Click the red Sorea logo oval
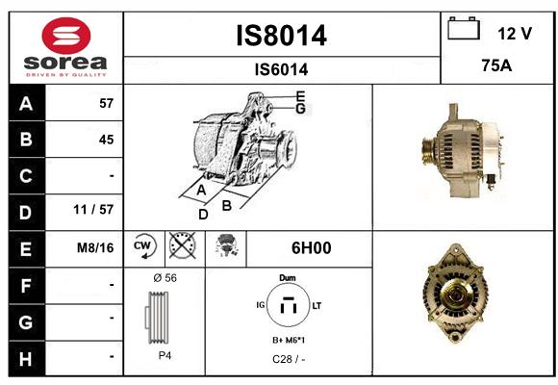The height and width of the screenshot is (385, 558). (66, 36)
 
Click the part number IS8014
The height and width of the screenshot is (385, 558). (282, 36)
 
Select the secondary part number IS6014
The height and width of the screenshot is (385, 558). (282, 69)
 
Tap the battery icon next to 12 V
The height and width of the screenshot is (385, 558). (464, 28)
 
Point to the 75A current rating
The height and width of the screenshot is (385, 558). (496, 65)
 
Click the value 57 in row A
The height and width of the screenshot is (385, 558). (107, 103)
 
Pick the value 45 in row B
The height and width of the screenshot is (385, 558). (107, 140)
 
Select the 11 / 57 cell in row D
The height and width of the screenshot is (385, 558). (93, 210)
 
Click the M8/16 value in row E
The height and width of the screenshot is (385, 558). (95, 247)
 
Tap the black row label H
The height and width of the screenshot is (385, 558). (26, 358)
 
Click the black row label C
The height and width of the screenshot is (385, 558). (26, 176)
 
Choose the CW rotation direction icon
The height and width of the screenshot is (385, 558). (145, 245)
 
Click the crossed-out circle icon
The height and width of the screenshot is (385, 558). (183, 245)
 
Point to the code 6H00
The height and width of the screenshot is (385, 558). (312, 248)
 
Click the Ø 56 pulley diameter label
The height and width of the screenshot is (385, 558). (165, 278)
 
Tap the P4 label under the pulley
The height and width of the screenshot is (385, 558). (165, 355)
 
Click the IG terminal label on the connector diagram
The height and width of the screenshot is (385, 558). (261, 305)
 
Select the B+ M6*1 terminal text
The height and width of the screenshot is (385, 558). (289, 340)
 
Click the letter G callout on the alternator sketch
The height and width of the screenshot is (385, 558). (301, 109)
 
